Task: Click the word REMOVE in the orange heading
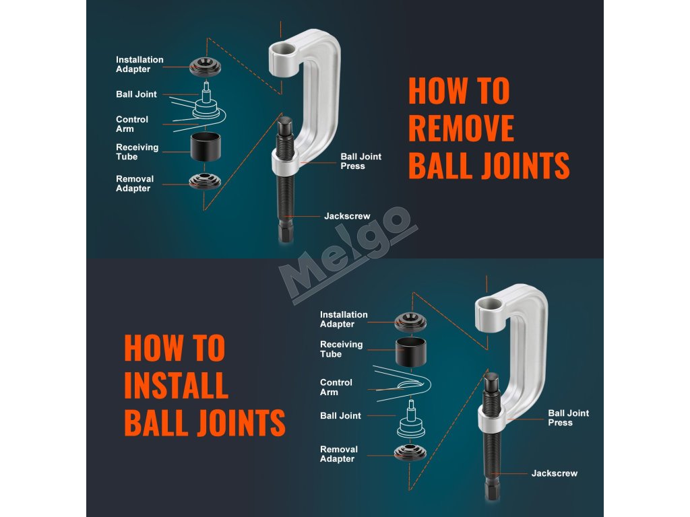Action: click(x=461, y=128)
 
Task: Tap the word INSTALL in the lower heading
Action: click(x=176, y=385)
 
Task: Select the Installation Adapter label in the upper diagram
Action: click(x=139, y=65)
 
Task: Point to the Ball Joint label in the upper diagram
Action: click(x=136, y=94)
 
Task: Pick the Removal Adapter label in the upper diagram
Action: click(x=135, y=184)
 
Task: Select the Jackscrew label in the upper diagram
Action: click(x=347, y=216)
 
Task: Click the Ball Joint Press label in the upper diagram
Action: click(x=360, y=161)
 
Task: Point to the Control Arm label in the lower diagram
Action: click(x=336, y=387)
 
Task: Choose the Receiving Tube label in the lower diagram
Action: click(x=341, y=349)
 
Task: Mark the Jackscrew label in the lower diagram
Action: click(x=554, y=473)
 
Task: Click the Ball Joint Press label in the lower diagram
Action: click(x=568, y=417)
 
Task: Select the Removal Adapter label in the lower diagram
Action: click(x=338, y=454)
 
